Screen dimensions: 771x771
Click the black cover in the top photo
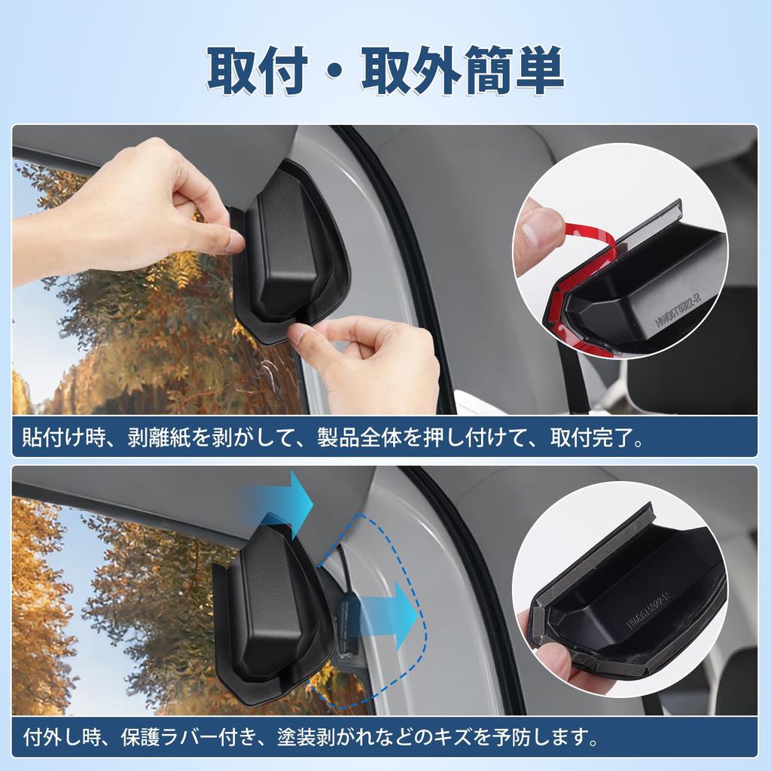pyautogui.click(x=290, y=256)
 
